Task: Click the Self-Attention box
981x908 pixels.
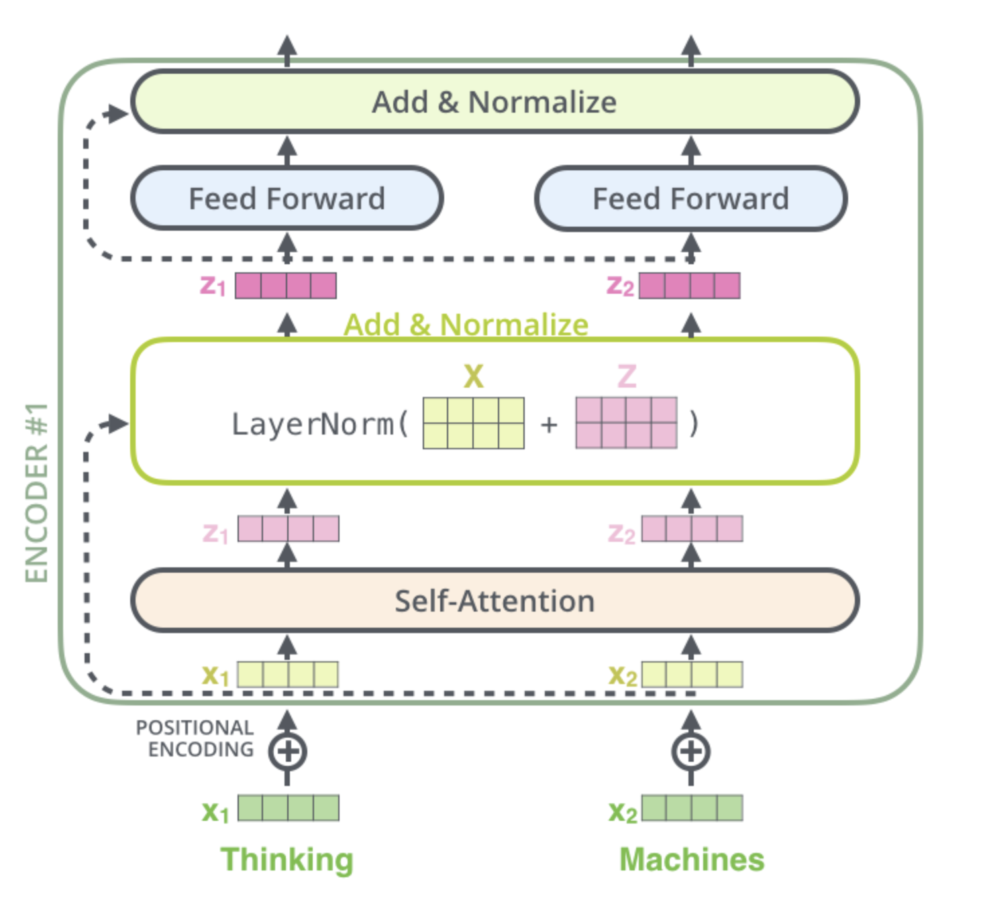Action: (495, 601)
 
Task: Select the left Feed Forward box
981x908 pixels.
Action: (287, 198)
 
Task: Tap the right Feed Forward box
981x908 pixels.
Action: (691, 198)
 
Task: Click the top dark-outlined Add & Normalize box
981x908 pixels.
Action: (495, 102)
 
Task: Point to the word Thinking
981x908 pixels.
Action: (287, 860)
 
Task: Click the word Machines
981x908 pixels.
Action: (692, 860)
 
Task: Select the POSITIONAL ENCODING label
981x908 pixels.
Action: (195, 738)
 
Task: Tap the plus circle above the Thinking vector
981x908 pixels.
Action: (287, 752)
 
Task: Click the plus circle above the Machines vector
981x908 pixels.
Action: (691, 752)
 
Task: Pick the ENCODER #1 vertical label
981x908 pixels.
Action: (36, 493)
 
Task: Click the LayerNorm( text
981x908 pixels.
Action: (320, 424)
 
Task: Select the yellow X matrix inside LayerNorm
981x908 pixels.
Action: (474, 423)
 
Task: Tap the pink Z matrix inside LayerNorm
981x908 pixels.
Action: (626, 423)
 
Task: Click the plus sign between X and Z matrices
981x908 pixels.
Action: (550, 424)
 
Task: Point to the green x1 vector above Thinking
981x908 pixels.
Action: (289, 808)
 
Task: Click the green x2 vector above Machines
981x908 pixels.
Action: (692, 808)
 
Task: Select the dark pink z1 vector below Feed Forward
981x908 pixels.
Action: (286, 286)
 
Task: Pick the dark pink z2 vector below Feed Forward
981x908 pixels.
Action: (690, 286)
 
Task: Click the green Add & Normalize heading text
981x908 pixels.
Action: (466, 325)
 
